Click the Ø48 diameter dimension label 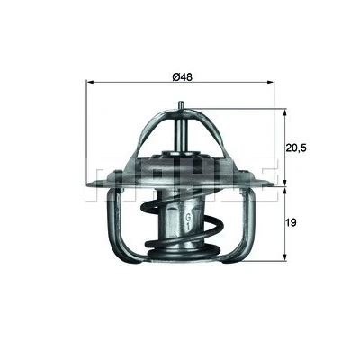pyautogui.click(x=182, y=76)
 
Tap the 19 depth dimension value pyautogui.click(x=291, y=222)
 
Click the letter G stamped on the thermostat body pyautogui.click(x=189, y=217)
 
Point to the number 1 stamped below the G pyautogui.click(x=188, y=227)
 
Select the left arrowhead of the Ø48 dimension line pyautogui.click(x=89, y=82)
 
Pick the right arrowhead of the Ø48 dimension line pyautogui.click(x=271, y=82)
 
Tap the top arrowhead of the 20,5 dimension pyautogui.click(x=285, y=112)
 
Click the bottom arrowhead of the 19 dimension pyautogui.click(x=285, y=256)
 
